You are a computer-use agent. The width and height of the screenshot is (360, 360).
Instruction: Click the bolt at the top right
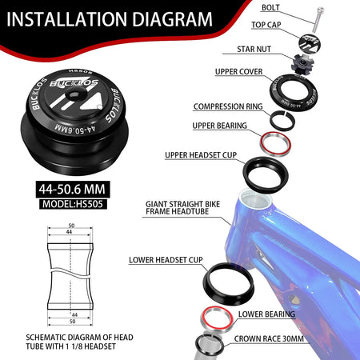tap(318, 20)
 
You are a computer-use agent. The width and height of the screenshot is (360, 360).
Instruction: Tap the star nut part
tap(302, 63)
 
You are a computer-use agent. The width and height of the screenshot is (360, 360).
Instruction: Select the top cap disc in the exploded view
tap(310, 42)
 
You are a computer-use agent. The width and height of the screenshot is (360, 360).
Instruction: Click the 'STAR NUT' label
tap(254, 49)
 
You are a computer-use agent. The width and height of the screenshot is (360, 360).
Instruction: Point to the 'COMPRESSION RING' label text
tap(228, 106)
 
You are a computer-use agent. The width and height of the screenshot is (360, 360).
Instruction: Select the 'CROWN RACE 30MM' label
tap(269, 338)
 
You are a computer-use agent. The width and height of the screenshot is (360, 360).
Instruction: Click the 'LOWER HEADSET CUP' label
tap(166, 260)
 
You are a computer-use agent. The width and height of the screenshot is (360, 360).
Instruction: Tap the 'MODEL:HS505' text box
tap(73, 204)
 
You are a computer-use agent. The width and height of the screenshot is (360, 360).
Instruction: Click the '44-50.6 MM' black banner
tap(73, 189)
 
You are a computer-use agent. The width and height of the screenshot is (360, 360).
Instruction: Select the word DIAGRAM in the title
tap(172, 19)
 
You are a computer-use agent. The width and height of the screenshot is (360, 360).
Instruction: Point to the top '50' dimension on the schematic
tap(71, 226)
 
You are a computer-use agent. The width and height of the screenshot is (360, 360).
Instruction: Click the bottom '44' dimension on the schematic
tap(74, 314)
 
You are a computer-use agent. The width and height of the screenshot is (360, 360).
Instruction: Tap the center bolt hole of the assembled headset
tap(73, 94)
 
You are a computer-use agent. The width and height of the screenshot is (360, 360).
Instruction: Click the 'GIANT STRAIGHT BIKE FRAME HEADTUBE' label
tap(182, 208)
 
